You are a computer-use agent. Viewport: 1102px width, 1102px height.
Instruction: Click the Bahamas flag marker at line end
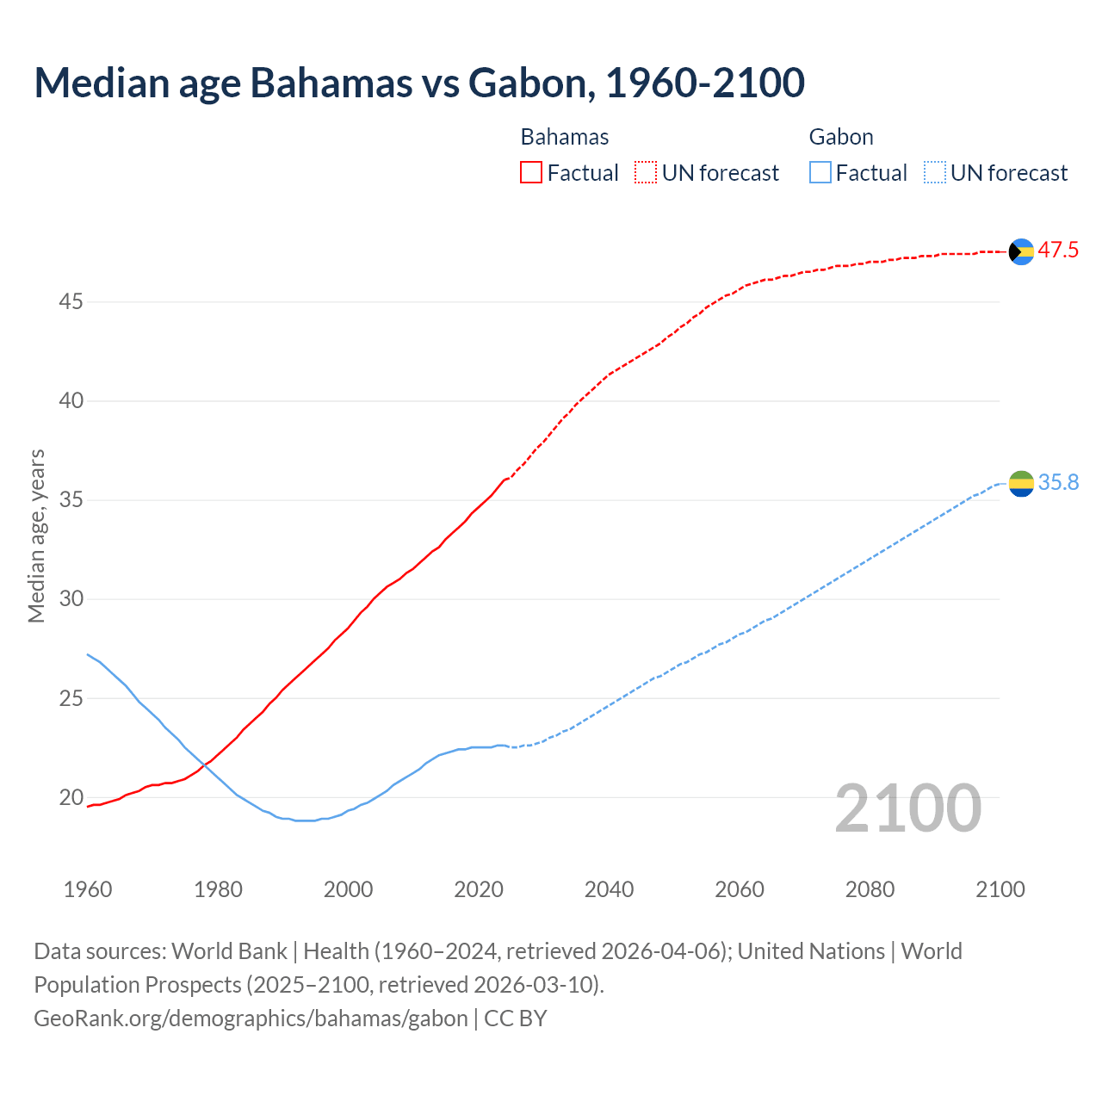[x=1020, y=251]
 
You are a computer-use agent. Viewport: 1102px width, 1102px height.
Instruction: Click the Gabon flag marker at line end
[x=1020, y=484]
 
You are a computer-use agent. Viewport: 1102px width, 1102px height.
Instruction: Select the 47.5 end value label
[x=1058, y=251]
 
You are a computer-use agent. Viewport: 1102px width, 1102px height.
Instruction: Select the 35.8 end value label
[x=1058, y=483]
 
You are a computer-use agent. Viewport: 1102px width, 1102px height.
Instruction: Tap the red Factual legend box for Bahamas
[x=531, y=173]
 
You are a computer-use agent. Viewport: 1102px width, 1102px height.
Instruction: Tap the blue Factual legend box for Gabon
[x=820, y=173]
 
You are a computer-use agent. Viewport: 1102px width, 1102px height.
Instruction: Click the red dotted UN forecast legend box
[x=646, y=173]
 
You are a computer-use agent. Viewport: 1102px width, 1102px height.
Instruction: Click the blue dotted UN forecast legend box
[x=935, y=173]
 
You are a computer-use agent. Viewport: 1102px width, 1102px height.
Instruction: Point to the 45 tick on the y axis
[x=71, y=302]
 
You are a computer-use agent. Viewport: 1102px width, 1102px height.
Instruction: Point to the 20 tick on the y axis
[x=71, y=798]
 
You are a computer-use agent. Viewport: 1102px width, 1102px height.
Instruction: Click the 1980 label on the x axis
[x=218, y=889]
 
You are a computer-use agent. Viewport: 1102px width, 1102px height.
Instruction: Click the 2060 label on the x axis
[x=740, y=889]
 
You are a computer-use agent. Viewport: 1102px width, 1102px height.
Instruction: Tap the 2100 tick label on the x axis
[x=1000, y=889]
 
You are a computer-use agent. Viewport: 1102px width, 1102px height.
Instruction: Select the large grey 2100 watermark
[x=908, y=808]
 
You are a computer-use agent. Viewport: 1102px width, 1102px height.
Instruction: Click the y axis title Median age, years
[x=36, y=536]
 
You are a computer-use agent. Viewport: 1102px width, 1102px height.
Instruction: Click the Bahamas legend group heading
[x=565, y=137]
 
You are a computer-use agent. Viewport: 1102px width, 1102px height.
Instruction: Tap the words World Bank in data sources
[x=229, y=951]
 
